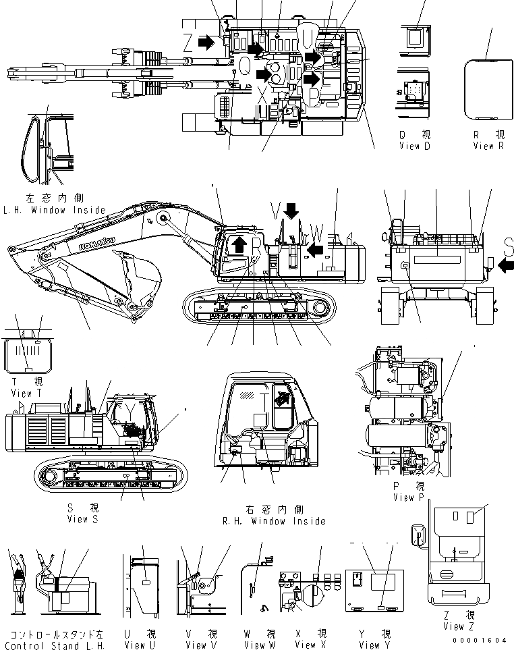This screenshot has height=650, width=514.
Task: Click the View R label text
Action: pos(492,146)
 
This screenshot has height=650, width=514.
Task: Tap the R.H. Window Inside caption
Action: pos(274,520)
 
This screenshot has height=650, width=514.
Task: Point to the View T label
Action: pos(22,393)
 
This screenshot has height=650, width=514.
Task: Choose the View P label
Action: pos(409,497)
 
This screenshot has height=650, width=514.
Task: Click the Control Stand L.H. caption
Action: pos(53,645)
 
